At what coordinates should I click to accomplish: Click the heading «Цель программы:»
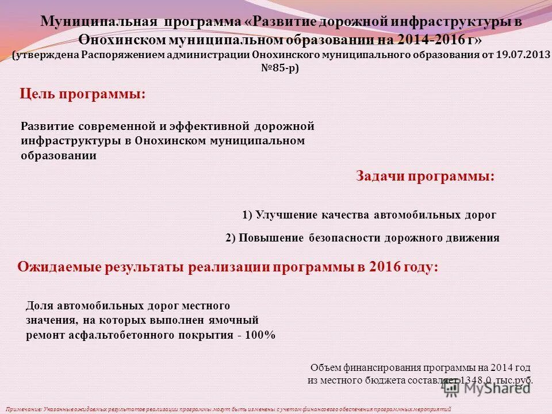click(83, 94)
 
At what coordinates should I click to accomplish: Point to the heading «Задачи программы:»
click(425, 177)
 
